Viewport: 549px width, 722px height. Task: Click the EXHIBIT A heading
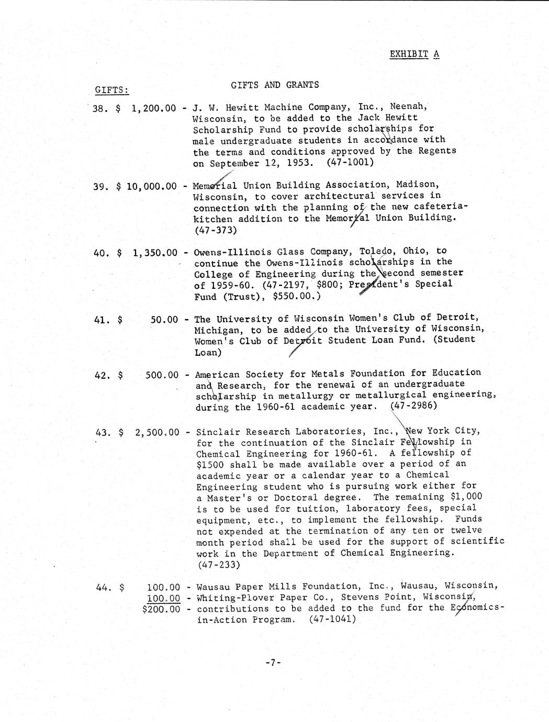(414, 54)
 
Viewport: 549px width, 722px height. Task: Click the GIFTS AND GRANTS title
(275, 85)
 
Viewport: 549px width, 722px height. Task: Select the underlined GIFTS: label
(111, 90)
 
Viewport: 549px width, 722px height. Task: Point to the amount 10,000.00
(151, 186)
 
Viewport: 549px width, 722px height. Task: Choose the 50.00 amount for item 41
(164, 319)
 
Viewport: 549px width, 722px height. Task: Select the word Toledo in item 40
(381, 251)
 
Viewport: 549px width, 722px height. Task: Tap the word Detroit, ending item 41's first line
(455, 318)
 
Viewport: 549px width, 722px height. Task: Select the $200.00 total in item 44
(161, 609)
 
